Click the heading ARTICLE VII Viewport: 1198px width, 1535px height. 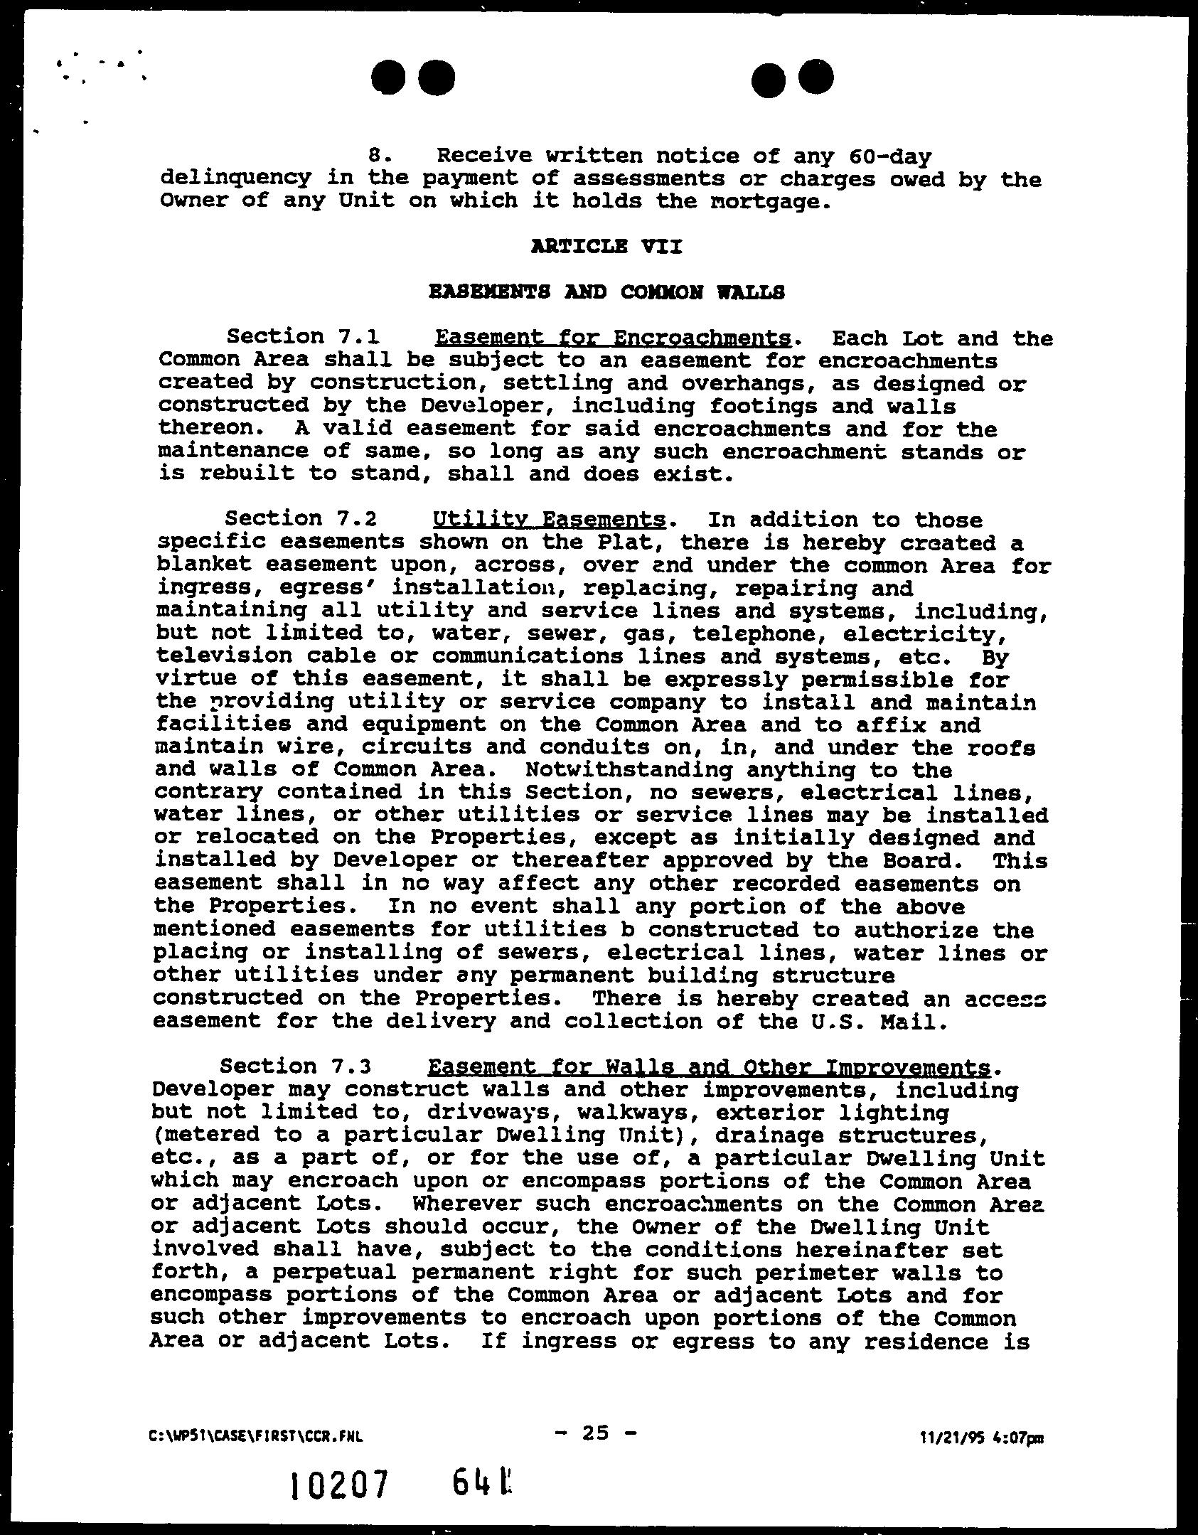[x=606, y=247]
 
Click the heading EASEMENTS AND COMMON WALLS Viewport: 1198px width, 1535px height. [x=606, y=292]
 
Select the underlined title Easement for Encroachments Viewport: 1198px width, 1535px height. [x=613, y=337]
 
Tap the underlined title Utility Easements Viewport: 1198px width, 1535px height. [x=549, y=520]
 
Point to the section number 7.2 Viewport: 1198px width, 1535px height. [x=354, y=520]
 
